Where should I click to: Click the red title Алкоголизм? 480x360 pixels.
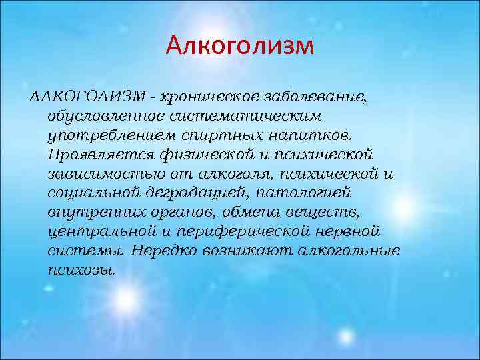(239, 45)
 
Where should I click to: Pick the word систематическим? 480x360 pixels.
(249, 116)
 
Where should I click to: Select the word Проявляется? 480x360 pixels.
(97, 155)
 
